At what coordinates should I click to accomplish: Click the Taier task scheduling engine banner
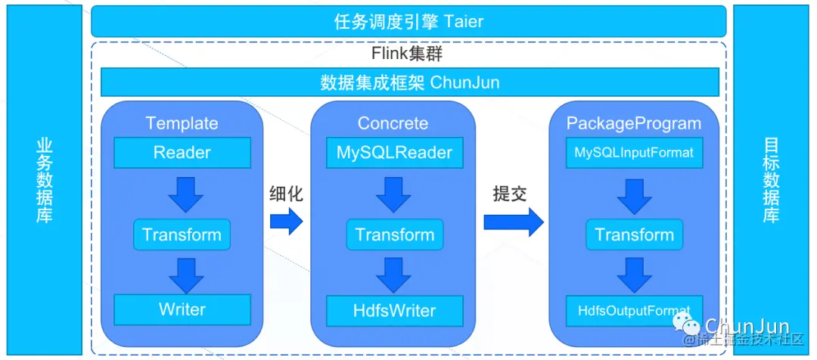click(408, 21)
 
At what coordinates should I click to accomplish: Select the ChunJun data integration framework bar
click(409, 82)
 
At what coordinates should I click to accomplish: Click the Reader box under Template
click(182, 153)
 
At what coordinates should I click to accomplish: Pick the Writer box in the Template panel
click(182, 309)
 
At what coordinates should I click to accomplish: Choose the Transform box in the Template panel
click(182, 234)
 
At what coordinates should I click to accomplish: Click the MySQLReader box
click(394, 153)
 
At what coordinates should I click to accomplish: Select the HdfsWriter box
click(394, 310)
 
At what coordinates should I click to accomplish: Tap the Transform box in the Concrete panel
click(395, 234)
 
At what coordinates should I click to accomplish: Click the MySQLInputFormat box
click(634, 153)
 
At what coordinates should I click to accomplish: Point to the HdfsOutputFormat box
click(634, 310)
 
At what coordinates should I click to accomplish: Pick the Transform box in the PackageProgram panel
click(634, 234)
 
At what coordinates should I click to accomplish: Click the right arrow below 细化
click(286, 221)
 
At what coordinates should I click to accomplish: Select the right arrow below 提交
click(514, 221)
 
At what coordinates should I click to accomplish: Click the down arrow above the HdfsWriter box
click(394, 275)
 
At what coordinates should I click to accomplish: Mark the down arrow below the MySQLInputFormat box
click(634, 194)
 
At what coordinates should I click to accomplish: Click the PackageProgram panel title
click(634, 123)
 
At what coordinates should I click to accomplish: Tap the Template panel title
click(182, 123)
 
